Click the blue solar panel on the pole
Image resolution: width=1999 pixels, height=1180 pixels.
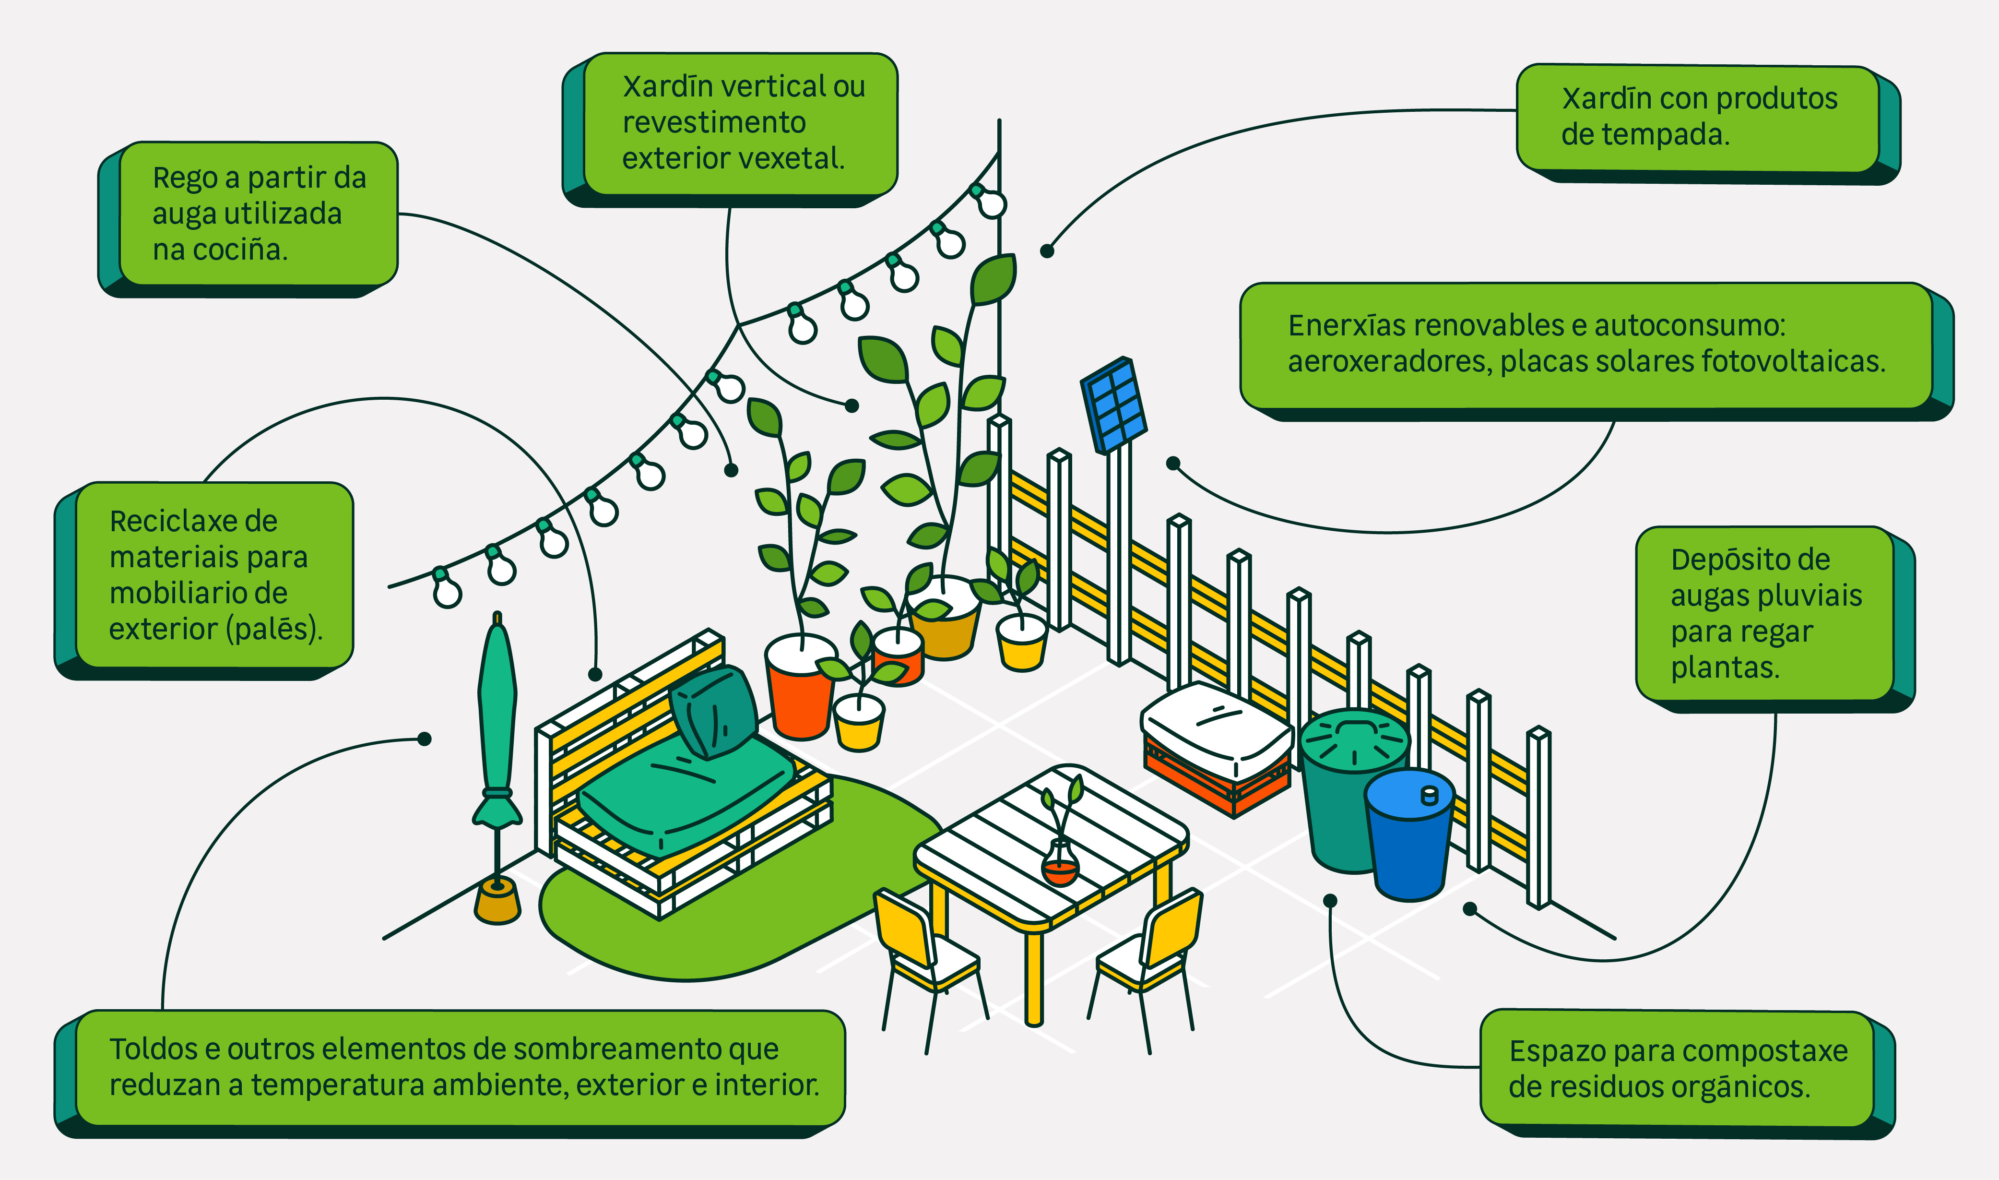[1113, 405]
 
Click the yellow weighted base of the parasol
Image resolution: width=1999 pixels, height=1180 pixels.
[497, 903]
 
